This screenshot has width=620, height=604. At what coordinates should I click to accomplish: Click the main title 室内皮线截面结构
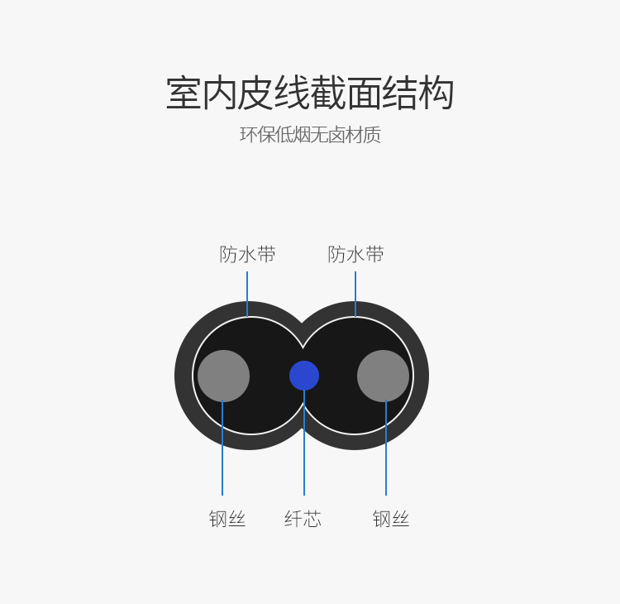tap(310, 93)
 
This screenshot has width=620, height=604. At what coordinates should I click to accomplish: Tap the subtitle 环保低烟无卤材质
tap(310, 135)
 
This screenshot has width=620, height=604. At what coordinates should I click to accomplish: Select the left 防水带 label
tap(247, 254)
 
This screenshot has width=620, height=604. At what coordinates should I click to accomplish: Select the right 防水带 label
tap(355, 254)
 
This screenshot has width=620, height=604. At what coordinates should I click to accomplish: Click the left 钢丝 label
tap(227, 519)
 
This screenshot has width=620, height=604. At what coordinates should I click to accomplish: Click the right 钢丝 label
tap(391, 519)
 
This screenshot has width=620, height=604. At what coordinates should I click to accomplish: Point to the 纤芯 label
tap(303, 519)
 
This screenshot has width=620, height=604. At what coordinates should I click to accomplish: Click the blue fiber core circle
tap(304, 376)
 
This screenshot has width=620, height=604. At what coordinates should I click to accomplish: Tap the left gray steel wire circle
tap(223, 376)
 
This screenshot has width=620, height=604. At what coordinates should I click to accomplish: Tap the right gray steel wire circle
tap(383, 376)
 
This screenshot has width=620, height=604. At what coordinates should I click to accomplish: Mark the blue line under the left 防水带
tap(247, 294)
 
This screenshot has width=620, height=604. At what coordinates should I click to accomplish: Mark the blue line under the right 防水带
tap(355, 294)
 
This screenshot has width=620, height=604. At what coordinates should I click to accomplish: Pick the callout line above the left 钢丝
tap(222, 448)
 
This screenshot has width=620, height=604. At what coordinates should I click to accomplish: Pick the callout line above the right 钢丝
tap(386, 448)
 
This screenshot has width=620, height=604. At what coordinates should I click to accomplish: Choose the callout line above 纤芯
tap(304, 443)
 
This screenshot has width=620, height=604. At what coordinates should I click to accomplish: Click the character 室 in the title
tap(184, 93)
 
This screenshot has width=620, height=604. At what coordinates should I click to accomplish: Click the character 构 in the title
tap(436, 93)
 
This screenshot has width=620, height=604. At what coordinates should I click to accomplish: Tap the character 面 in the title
tap(365, 93)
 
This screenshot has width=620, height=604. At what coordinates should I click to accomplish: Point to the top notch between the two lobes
tap(302, 323)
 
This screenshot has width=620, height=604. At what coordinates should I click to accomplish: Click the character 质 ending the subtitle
tap(372, 135)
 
